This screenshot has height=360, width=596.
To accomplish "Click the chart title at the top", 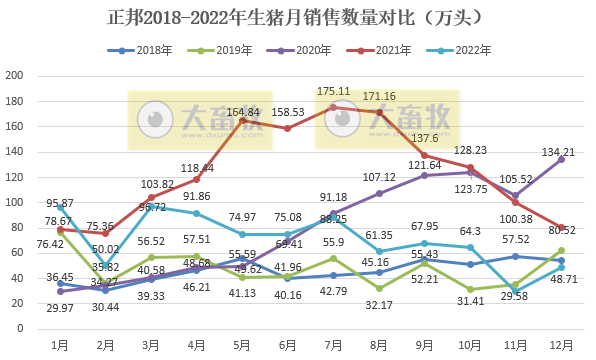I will click(x=297, y=18).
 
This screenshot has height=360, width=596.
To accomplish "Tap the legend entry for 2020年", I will click(x=300, y=49).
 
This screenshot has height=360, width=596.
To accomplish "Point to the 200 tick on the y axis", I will click(x=15, y=76).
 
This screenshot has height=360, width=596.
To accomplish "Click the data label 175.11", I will click(x=334, y=91).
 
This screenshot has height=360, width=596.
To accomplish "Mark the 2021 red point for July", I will click(x=333, y=107).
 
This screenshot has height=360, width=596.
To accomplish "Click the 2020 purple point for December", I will click(x=561, y=159).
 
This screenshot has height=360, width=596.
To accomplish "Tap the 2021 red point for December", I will click(x=561, y=227).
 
